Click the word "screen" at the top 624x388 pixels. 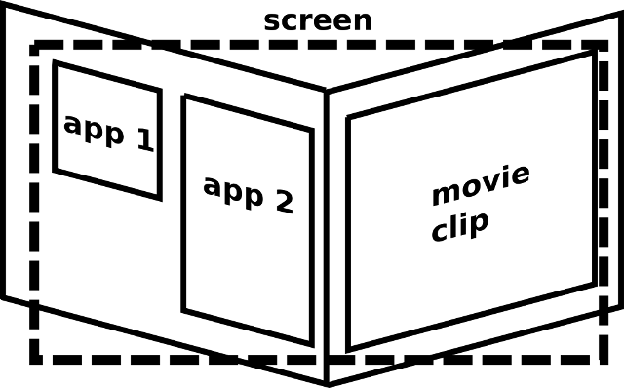coord(318,19)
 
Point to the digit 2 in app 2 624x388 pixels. coord(282,201)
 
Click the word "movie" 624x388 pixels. coord(481,186)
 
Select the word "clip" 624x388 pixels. coord(459,227)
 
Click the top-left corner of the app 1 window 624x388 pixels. coord(55,63)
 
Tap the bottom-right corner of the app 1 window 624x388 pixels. coord(159,198)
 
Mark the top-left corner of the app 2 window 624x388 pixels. coord(184,96)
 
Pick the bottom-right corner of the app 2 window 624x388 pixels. coord(312,343)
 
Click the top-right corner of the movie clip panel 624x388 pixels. coord(593,54)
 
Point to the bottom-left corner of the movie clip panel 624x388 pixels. coord(348,348)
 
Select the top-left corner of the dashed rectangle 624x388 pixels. coord(33,45)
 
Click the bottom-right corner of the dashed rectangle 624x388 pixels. coord(604,360)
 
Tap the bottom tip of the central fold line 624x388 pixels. coord(327,383)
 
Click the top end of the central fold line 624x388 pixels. coord(327,93)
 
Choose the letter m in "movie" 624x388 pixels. coord(444,192)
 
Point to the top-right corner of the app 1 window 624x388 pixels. coord(160,91)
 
